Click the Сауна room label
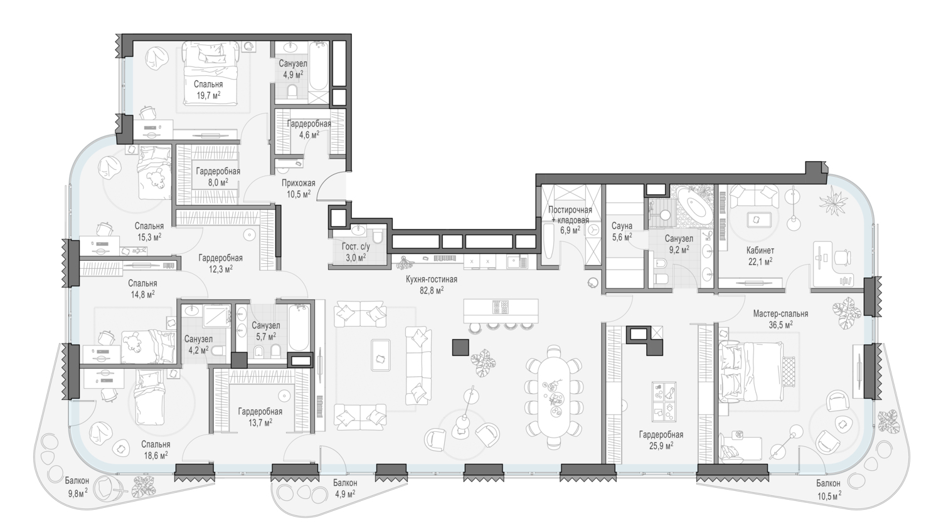pos(622,226)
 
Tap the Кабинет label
pos(760,250)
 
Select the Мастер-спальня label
pos(780,313)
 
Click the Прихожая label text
pos(298,183)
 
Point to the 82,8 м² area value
pos(432,290)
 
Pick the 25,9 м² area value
pos(661,445)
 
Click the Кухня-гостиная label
pos(432,279)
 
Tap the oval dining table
pos(554,397)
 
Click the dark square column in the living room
pos(460,347)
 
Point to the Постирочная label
pos(570,210)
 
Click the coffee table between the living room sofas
pos(381,355)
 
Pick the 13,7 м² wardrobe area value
pos(260,423)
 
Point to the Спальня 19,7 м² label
pos(208,90)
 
